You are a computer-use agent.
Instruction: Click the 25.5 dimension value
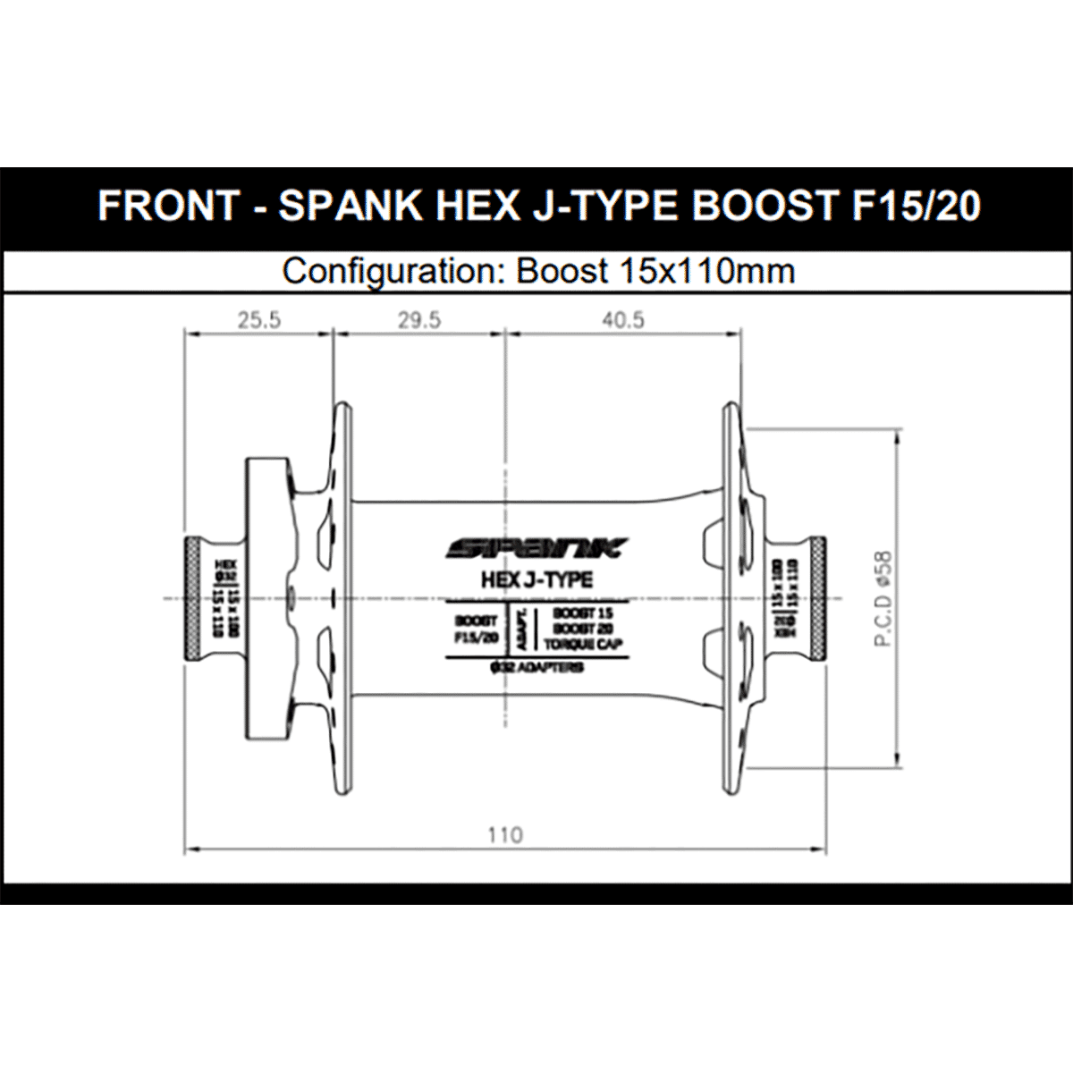click(x=259, y=319)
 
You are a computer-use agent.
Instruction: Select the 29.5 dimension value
click(x=419, y=319)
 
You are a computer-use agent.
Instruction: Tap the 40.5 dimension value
click(x=623, y=319)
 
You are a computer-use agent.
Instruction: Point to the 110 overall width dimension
click(x=505, y=834)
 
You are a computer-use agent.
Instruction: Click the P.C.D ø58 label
click(x=885, y=598)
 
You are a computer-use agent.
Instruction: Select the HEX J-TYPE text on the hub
click(x=536, y=579)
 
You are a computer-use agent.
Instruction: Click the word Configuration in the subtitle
click(x=390, y=270)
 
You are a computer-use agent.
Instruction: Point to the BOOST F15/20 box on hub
click(x=476, y=629)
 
